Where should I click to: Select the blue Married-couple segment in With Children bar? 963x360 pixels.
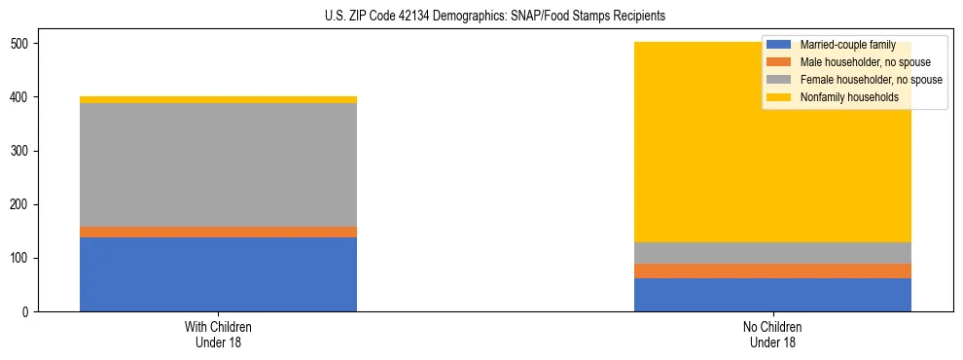[x=218, y=274]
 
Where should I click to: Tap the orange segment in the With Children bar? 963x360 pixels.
[x=218, y=232]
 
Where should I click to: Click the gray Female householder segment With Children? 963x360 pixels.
[x=218, y=164]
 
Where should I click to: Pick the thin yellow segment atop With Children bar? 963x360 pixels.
[x=218, y=99]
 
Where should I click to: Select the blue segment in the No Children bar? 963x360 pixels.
[x=772, y=295]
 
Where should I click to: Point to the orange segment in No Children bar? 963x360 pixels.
[x=772, y=270]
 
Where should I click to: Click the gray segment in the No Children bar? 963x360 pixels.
[x=772, y=253]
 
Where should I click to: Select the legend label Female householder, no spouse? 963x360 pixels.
[x=869, y=80]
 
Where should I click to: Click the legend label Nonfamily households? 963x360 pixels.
[x=843, y=97]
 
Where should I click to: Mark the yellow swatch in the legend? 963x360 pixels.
[x=779, y=97]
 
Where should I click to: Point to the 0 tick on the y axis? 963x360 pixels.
[x=29, y=312]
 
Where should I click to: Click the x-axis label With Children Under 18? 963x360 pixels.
[x=218, y=334]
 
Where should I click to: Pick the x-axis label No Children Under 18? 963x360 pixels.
[x=772, y=334]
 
